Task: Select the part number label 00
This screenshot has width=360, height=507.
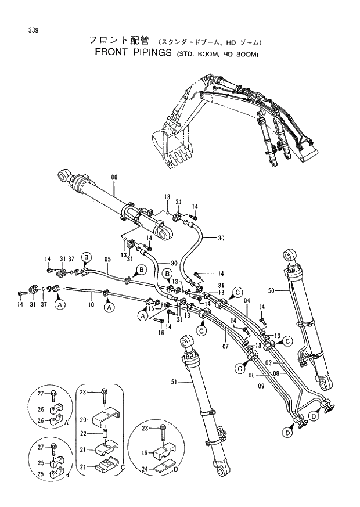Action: [x=114, y=176]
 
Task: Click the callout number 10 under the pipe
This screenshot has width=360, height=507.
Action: [x=91, y=304]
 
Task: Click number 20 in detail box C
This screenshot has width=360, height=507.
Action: [x=83, y=419]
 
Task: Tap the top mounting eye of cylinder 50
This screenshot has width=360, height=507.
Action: [x=290, y=256]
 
